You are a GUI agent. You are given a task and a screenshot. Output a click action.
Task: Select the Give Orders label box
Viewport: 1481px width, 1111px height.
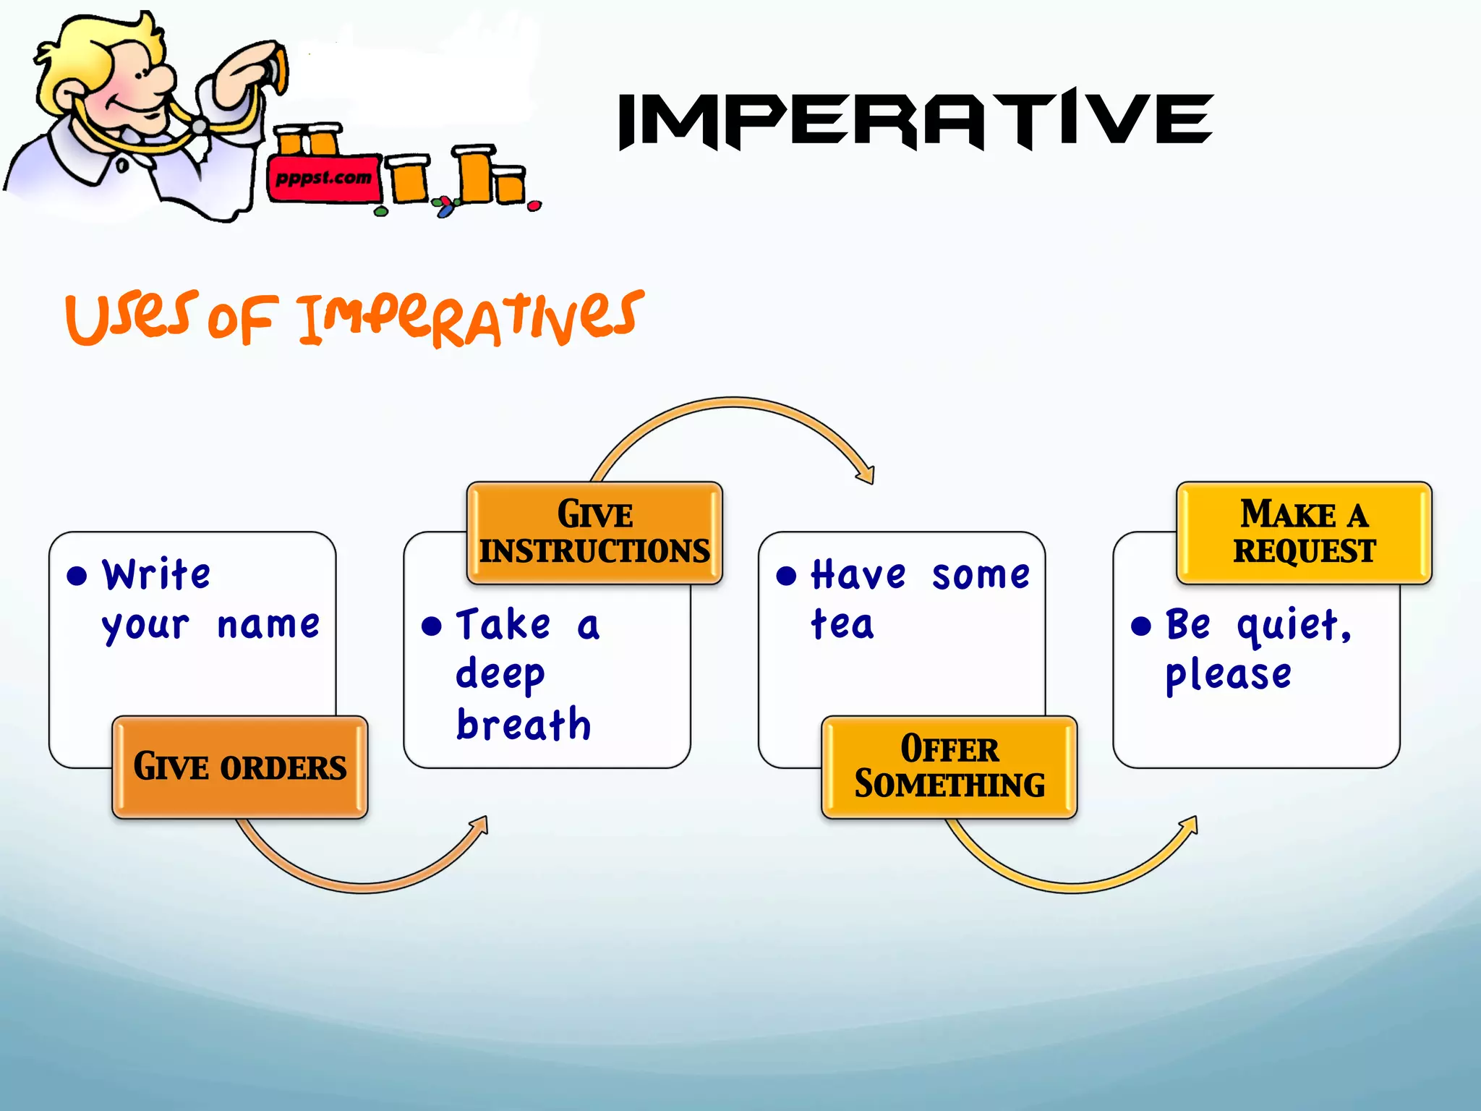point(239,767)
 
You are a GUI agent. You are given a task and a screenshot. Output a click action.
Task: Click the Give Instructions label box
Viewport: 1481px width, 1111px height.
point(594,532)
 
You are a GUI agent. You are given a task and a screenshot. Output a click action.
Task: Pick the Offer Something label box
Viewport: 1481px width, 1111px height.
point(949,767)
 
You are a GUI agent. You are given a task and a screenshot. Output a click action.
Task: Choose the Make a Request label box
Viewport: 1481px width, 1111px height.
point(1303,532)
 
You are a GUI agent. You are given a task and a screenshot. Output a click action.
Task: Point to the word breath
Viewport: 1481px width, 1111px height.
point(524,725)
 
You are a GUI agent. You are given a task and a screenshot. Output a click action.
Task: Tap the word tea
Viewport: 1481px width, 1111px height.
point(842,624)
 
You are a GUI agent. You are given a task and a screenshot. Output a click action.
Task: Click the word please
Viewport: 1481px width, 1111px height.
point(1228,675)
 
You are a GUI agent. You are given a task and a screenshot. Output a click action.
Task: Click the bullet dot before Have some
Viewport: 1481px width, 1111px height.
point(786,576)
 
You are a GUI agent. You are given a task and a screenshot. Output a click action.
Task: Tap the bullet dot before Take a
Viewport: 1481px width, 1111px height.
point(432,626)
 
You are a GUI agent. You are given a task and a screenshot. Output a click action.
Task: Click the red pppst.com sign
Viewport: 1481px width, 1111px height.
point(323,178)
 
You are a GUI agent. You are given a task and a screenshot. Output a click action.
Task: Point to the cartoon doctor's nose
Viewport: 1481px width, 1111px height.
point(163,77)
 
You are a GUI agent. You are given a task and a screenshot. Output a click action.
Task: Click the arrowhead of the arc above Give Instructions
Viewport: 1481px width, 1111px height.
point(866,474)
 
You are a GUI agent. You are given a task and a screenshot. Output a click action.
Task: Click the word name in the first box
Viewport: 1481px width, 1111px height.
point(268,625)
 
